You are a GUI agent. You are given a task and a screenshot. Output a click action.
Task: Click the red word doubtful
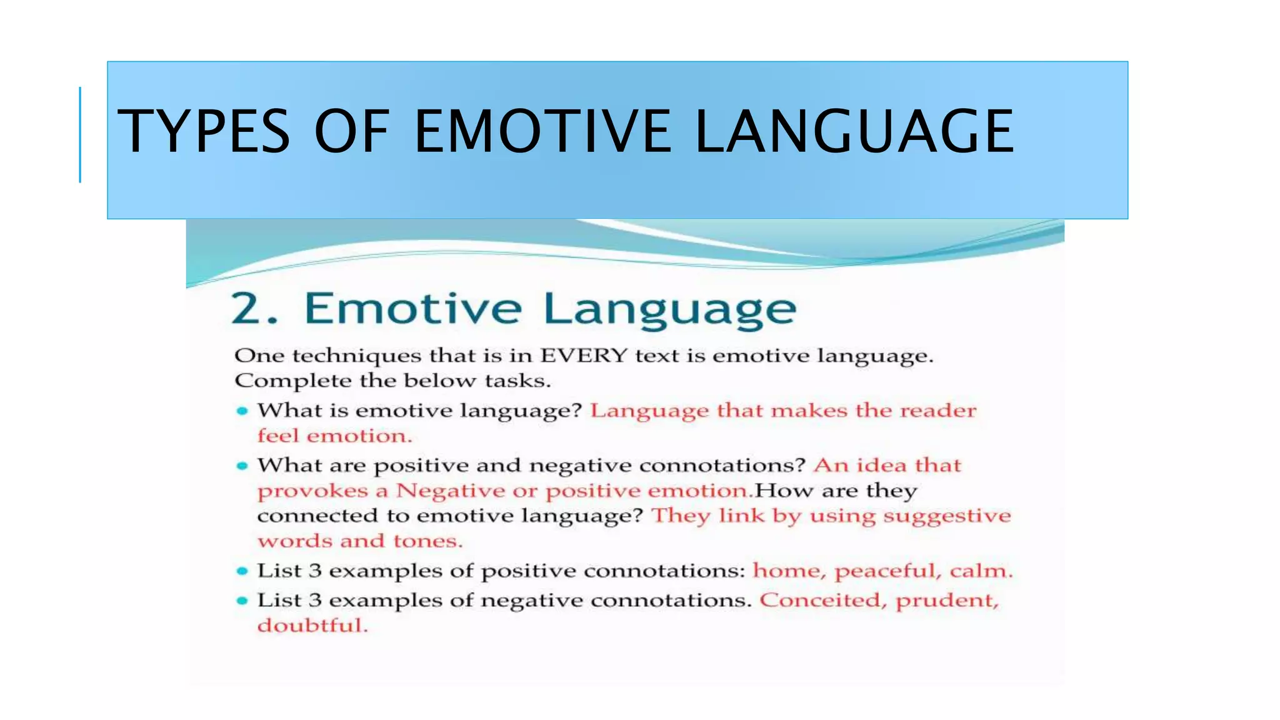[x=312, y=625]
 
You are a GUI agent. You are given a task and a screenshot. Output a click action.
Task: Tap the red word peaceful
[x=887, y=571]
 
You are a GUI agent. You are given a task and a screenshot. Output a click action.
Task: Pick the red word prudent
[x=947, y=601]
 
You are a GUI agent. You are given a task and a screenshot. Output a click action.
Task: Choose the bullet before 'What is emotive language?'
[x=242, y=411]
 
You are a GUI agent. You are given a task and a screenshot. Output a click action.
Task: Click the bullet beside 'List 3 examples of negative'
[x=242, y=601]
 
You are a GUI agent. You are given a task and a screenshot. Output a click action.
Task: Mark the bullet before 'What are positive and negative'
[x=242, y=466]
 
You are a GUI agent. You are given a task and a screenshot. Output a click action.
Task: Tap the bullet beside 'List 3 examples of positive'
[x=242, y=571]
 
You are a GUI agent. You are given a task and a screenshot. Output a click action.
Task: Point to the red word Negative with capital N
[x=450, y=491]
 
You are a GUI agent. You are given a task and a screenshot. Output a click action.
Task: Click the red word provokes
[x=312, y=491]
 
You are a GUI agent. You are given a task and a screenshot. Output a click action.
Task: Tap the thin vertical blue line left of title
[x=80, y=134]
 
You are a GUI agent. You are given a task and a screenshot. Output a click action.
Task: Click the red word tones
[x=427, y=541]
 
